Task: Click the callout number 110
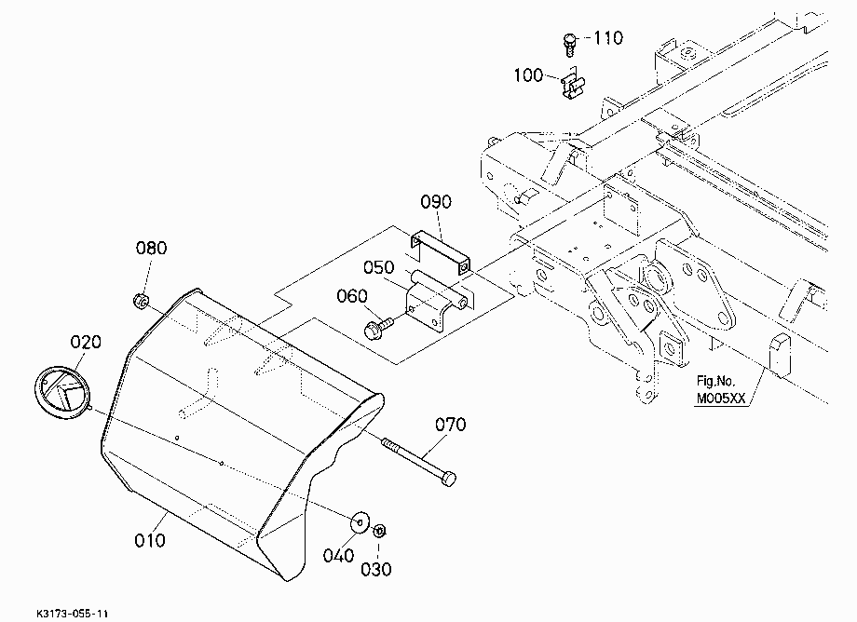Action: [x=607, y=37]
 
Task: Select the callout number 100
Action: [x=528, y=74]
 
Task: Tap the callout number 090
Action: [x=436, y=201]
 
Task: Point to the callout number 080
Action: [x=151, y=248]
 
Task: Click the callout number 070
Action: [x=450, y=425]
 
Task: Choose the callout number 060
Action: [x=351, y=296]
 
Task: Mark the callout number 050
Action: [x=378, y=267]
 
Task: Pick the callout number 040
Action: [x=338, y=556]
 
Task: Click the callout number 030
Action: [x=376, y=570]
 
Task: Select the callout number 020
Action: [x=86, y=342]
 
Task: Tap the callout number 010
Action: [x=150, y=541]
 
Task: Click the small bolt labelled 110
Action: [x=569, y=44]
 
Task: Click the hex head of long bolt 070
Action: [x=448, y=479]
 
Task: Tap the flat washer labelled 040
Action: [x=359, y=522]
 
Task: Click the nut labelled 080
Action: [x=142, y=301]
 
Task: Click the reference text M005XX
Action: [x=721, y=399]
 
